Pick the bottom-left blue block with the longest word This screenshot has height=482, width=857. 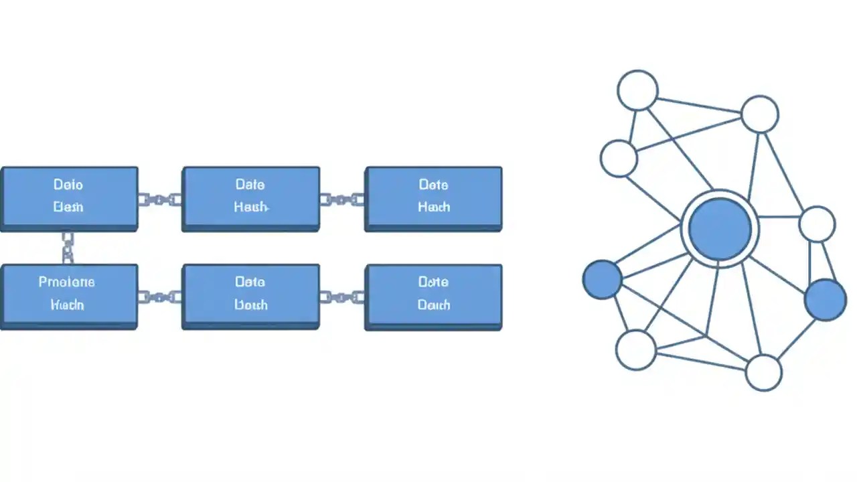click(x=69, y=295)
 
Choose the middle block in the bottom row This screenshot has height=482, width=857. click(x=250, y=295)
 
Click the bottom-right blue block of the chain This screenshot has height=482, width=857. click(x=433, y=295)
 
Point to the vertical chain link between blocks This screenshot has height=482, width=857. click(x=68, y=248)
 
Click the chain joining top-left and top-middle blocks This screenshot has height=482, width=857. click(x=160, y=199)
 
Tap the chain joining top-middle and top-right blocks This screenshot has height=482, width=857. click(x=342, y=199)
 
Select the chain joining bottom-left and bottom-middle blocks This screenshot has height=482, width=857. click(x=160, y=297)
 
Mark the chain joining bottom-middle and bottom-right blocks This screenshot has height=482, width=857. click(x=342, y=297)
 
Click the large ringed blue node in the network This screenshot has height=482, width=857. click(x=720, y=229)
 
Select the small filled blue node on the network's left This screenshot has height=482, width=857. click(x=603, y=279)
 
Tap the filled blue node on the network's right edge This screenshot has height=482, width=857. click(x=826, y=299)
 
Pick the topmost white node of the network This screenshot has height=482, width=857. click(x=637, y=90)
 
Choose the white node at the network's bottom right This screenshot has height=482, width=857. click(x=763, y=372)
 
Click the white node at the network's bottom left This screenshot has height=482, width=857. click(x=636, y=349)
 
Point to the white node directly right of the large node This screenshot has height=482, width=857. click(x=817, y=224)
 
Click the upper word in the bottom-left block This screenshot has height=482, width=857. click(x=67, y=282)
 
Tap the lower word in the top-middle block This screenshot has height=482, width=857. click(x=251, y=208)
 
